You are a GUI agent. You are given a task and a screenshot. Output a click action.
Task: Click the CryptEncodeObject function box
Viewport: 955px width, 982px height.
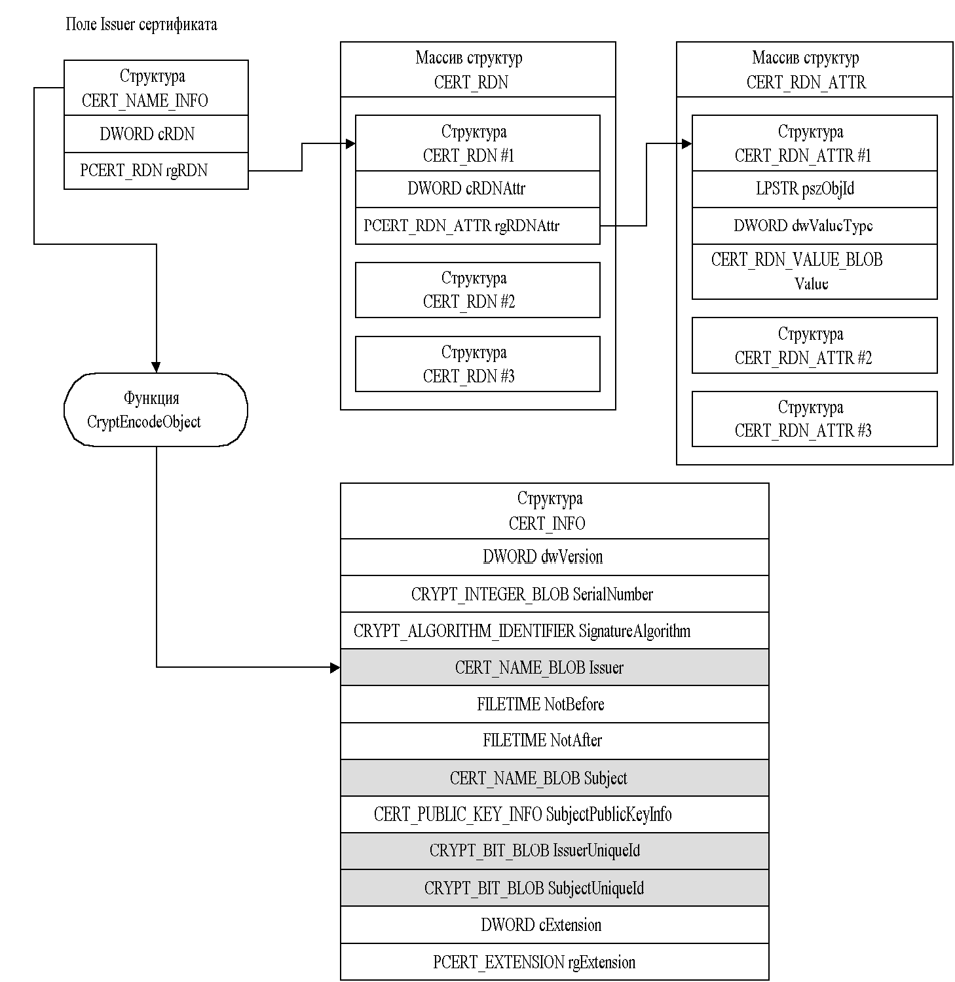coord(156,410)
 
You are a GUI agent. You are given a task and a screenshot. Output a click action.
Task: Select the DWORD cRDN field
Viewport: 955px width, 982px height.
coord(156,134)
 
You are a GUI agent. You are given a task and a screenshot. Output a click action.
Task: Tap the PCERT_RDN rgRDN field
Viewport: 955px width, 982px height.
coord(156,171)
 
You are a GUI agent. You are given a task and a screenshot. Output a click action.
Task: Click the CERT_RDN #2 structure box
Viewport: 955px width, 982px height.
coord(477,290)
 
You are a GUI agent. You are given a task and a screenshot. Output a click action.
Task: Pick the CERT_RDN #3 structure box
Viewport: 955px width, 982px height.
coord(477,364)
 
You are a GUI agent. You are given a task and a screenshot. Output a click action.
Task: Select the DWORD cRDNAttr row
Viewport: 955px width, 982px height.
coord(477,189)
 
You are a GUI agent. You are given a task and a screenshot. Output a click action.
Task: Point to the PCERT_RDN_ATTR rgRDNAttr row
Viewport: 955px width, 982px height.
coord(477,226)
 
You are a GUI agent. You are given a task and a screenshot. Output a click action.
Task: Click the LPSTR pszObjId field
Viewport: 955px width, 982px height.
coord(814,189)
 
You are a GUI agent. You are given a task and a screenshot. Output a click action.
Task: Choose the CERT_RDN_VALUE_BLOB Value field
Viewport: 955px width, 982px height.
coord(814,272)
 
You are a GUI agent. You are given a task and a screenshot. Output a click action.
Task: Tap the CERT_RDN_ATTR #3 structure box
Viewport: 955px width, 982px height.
coord(814,419)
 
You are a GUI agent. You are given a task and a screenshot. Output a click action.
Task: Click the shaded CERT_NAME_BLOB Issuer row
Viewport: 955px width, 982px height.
coord(554,668)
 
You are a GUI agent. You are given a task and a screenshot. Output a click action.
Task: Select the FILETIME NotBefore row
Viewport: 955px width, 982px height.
coord(554,704)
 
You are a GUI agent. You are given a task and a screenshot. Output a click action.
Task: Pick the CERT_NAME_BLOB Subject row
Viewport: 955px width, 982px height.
coord(554,778)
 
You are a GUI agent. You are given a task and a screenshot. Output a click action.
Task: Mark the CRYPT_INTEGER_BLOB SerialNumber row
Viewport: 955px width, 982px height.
coord(554,594)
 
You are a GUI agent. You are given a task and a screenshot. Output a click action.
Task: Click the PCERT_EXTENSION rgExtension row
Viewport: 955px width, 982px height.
coord(554,962)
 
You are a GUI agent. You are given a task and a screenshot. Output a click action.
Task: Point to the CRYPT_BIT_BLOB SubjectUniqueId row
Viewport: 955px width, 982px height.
coord(554,888)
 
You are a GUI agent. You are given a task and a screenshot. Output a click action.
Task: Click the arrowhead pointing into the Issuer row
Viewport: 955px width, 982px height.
coord(335,668)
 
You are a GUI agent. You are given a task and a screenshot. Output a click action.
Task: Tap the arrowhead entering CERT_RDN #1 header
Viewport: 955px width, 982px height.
coord(350,144)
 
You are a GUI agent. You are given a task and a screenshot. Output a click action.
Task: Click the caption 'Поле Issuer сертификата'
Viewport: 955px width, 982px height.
coord(141,25)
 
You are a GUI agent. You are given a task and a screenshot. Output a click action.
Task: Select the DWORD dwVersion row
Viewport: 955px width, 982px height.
coord(554,557)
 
